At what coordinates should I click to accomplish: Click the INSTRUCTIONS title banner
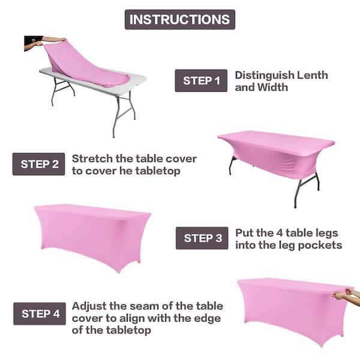(x=180, y=20)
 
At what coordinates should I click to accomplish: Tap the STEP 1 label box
(x=201, y=80)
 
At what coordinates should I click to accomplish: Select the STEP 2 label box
(x=39, y=164)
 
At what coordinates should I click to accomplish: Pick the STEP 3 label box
(x=202, y=238)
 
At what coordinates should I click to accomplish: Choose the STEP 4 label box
(x=40, y=314)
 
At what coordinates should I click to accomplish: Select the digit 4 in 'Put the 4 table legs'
(x=279, y=233)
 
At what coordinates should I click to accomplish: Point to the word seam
(x=143, y=307)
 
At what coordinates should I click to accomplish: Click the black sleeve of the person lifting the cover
(x=33, y=40)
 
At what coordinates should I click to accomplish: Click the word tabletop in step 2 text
(x=158, y=171)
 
